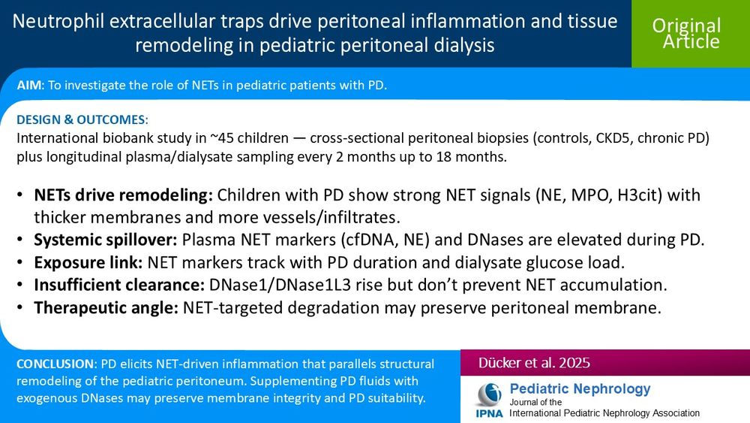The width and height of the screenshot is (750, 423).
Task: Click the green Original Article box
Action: [686, 34]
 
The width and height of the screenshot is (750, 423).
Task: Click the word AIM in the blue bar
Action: [31, 86]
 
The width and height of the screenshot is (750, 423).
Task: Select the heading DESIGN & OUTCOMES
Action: [82, 120]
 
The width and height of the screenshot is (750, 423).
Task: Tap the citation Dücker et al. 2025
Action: [535, 363]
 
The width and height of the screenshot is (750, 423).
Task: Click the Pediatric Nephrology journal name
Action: [580, 388]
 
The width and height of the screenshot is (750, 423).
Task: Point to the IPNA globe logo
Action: [490, 394]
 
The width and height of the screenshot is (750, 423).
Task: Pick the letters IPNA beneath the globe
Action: [489, 413]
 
